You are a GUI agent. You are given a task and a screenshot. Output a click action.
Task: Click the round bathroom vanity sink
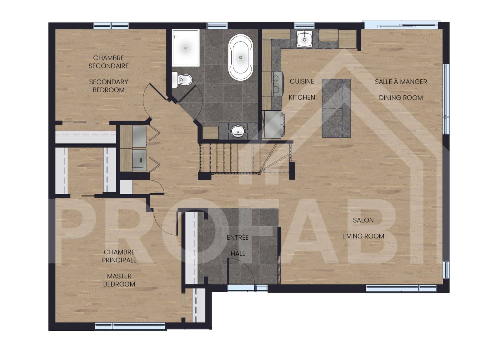tap(238, 131)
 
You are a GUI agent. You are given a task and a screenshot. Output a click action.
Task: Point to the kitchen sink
tap(304, 38)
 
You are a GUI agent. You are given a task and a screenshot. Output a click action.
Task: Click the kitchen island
tap(336, 108)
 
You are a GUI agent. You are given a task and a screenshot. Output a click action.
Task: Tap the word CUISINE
tap(302, 81)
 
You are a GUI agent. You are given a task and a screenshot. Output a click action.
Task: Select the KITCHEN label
tap(302, 97)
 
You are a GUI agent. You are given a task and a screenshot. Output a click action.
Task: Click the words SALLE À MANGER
tap(401, 82)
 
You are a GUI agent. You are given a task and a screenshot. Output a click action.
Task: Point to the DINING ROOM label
tap(401, 98)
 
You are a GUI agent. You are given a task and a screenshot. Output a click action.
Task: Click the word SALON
tap(363, 220)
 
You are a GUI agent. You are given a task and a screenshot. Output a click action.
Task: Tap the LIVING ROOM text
tap(363, 236)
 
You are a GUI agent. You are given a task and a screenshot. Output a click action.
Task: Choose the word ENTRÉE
tap(237, 237)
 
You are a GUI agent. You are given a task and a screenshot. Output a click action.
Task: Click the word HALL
tap(237, 254)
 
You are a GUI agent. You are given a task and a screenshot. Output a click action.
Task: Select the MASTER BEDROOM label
tap(119, 280)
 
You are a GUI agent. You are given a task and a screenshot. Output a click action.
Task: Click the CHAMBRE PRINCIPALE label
tap(119, 256)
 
